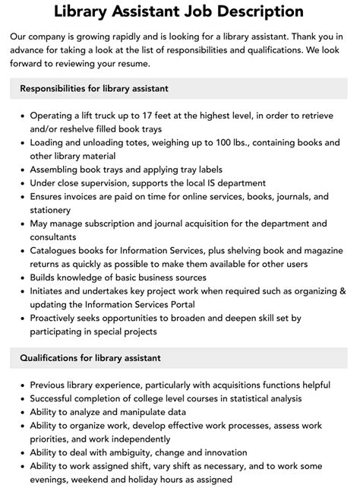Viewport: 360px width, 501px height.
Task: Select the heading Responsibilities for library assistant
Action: [94, 88]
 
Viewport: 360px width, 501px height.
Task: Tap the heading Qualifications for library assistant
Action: [90, 357]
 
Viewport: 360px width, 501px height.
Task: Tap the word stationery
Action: [58, 210]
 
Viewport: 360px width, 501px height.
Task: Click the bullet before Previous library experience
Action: [21, 385]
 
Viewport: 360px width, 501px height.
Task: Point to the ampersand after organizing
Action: [343, 290]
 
